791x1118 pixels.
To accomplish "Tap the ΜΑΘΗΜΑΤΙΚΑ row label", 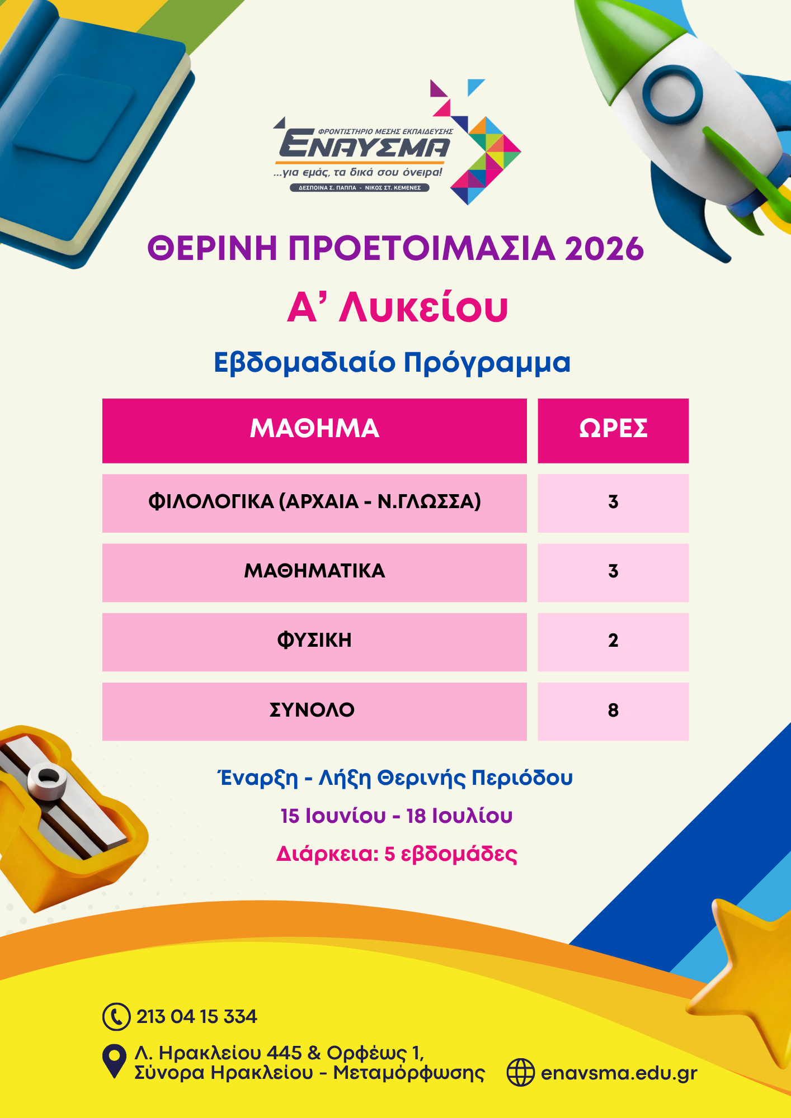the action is click(314, 571).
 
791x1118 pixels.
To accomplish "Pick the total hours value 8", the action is click(613, 710).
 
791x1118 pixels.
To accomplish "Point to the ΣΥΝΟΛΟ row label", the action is click(312, 710).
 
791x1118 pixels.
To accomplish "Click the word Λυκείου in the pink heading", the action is click(423, 307).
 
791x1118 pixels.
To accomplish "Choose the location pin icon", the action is click(114, 1060).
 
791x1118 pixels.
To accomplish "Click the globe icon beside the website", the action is click(520, 1072).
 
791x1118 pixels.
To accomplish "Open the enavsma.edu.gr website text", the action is click(619, 1073).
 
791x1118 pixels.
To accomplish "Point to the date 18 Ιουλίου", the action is click(459, 816).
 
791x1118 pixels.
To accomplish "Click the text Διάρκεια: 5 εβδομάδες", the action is click(397, 854).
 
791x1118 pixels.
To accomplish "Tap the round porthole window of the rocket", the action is click(672, 94).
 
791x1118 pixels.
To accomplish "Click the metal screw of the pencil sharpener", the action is click(47, 779).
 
